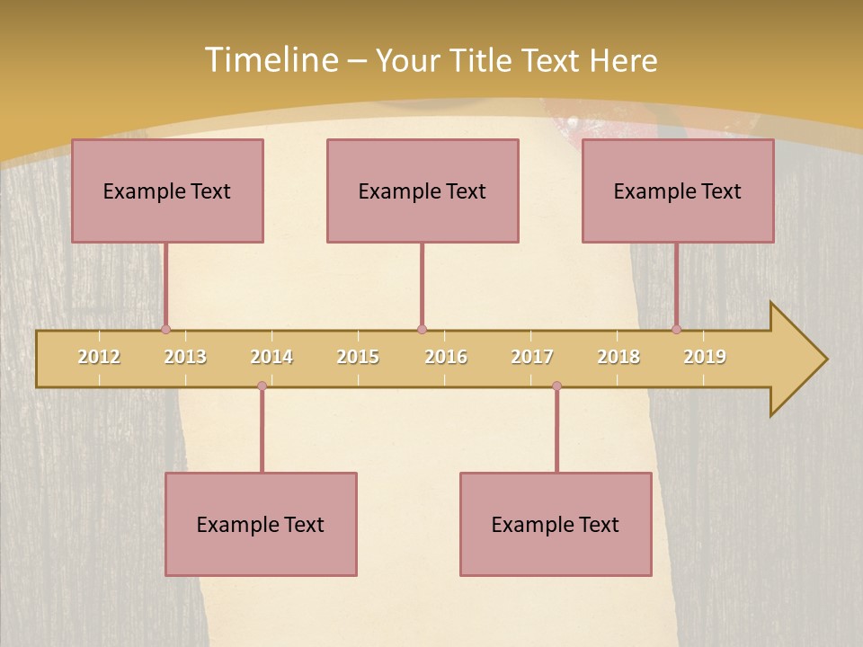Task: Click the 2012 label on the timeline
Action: (x=99, y=357)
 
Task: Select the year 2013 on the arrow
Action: (x=185, y=357)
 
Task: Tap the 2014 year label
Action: (x=271, y=357)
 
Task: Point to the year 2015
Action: (x=358, y=357)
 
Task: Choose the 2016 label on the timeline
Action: (x=446, y=357)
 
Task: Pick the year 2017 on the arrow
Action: (x=532, y=357)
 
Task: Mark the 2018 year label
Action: (x=618, y=357)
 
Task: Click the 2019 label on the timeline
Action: (x=705, y=357)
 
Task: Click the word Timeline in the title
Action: (x=271, y=60)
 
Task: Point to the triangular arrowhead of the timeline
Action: (x=796, y=359)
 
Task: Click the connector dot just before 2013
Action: (x=165, y=330)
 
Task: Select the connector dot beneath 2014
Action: (x=262, y=386)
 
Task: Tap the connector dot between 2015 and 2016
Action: (x=422, y=330)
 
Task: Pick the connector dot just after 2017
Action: (x=556, y=386)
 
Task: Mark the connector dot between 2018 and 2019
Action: (x=676, y=330)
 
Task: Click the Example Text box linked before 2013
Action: (x=167, y=191)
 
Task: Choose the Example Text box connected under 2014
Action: (x=261, y=524)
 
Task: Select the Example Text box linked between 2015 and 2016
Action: (x=423, y=191)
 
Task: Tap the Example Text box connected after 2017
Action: (x=556, y=524)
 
